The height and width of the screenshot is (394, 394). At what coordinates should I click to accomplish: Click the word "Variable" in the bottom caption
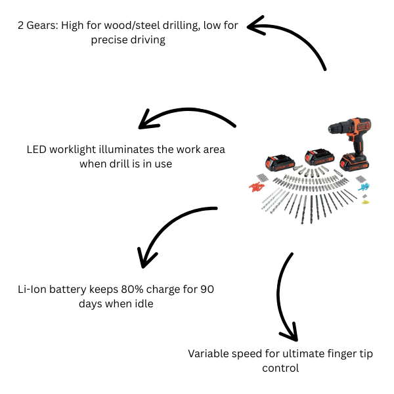pos(209,354)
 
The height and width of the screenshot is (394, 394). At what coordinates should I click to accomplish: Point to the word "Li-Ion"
pos(33,290)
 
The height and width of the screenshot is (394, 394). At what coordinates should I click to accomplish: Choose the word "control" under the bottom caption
pos(280,368)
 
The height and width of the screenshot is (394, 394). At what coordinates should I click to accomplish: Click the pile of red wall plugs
pos(255,187)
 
